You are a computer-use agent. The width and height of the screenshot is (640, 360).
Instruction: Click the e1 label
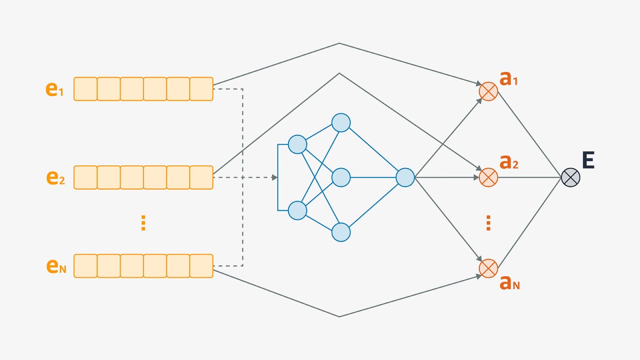pyautogui.click(x=54, y=89)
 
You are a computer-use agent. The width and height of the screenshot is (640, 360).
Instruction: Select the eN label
pyautogui.click(x=56, y=266)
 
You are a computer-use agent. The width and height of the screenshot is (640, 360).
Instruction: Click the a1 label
pyautogui.click(x=508, y=78)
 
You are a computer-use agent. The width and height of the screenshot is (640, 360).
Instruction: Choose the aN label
pyautogui.click(x=509, y=283)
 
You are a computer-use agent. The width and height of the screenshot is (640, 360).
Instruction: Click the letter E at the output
pyautogui.click(x=588, y=160)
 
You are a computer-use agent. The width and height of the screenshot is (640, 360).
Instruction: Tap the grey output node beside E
pyautogui.click(x=571, y=178)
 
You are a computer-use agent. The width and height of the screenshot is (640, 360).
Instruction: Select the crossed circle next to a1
pyautogui.click(x=488, y=91)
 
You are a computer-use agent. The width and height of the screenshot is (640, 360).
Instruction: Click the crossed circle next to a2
pyautogui.click(x=488, y=178)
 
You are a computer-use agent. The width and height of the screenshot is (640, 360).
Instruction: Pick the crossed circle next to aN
pyautogui.click(x=488, y=268)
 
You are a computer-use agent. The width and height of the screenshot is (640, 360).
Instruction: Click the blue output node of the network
pyautogui.click(x=405, y=178)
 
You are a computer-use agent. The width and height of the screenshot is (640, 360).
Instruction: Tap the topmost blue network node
pyautogui.click(x=341, y=123)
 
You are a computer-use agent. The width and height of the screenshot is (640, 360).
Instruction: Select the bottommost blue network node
pyautogui.click(x=341, y=233)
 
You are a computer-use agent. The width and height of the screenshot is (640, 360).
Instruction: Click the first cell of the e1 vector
pyautogui.click(x=85, y=89)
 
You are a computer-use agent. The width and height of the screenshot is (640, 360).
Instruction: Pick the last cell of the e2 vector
pyautogui.click(x=202, y=178)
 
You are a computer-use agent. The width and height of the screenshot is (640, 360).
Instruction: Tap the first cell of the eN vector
pyautogui.click(x=85, y=266)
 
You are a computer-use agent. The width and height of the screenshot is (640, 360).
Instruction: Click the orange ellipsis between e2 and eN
pyautogui.click(x=143, y=223)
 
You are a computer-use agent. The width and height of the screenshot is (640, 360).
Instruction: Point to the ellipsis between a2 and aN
pyautogui.click(x=488, y=223)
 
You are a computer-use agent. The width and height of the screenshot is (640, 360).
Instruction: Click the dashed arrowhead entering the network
pyautogui.click(x=275, y=178)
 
